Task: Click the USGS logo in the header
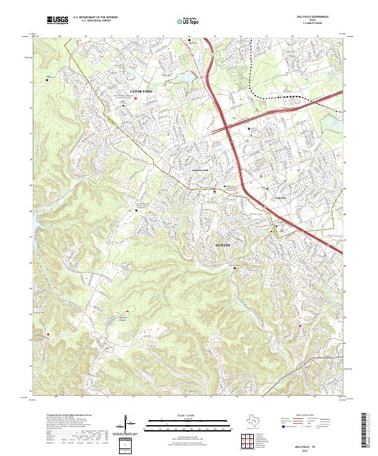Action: pyautogui.click(x=57, y=20)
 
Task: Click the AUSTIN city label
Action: pyautogui.click(x=224, y=243)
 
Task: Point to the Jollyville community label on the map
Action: pyautogui.click(x=278, y=197)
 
